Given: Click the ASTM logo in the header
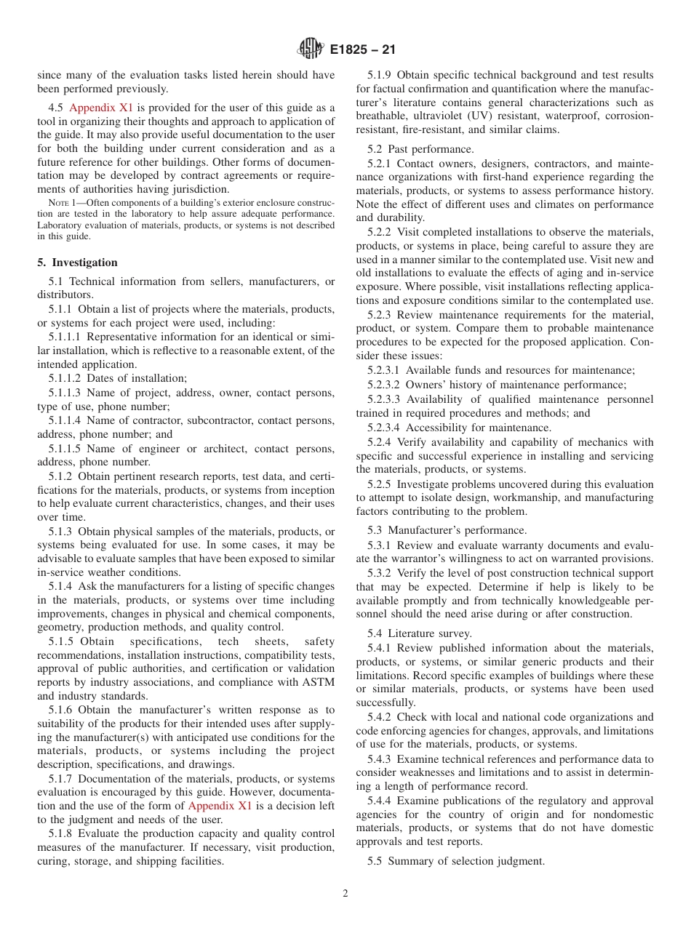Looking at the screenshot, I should pyautogui.click(x=311, y=49).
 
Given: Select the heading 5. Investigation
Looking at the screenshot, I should pyautogui.click(x=77, y=263).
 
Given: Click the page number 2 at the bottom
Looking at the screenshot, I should pyautogui.click(x=345, y=894).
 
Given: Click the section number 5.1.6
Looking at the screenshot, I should pyautogui.click(x=62, y=710).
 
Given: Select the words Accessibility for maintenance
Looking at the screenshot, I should pyautogui.click(x=479, y=428).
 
